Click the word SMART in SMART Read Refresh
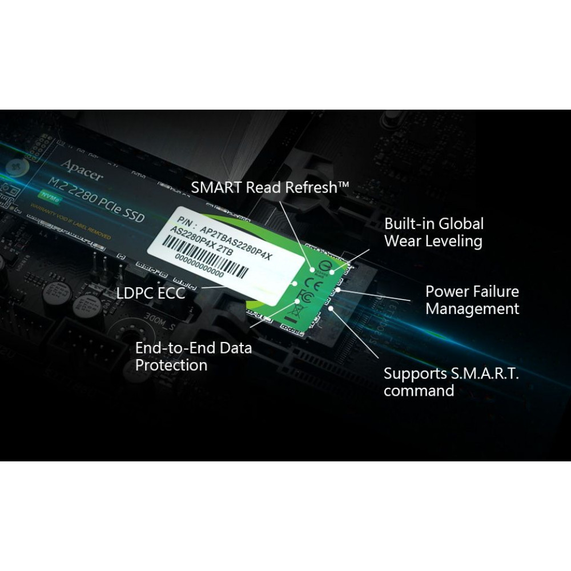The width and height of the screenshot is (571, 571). point(216,187)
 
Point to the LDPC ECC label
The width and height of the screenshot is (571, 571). point(151,293)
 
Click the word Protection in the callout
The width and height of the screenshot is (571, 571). point(171,365)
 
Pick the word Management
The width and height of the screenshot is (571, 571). point(472,309)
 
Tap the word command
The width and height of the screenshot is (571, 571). point(419,391)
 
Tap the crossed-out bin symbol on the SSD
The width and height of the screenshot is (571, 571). point(297,311)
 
